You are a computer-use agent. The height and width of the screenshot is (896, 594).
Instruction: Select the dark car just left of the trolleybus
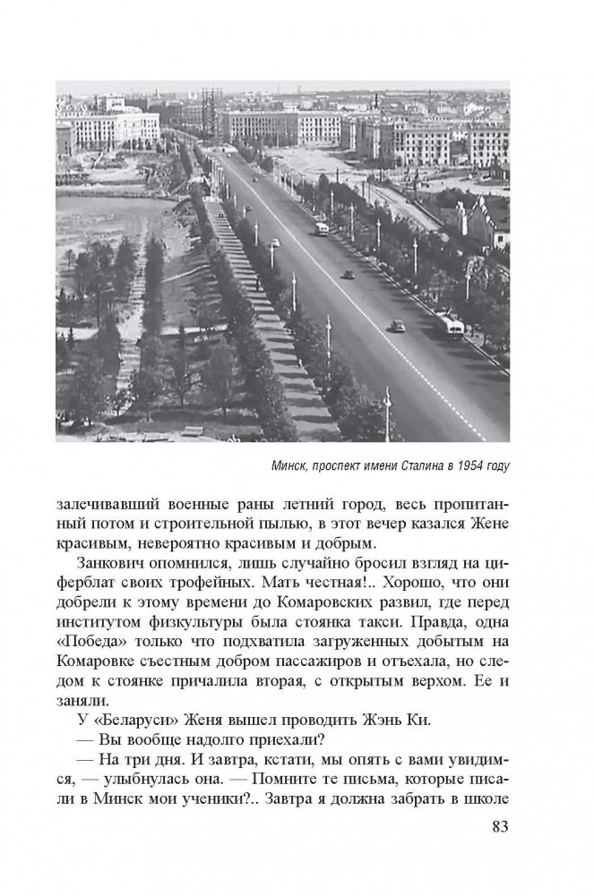[x=398, y=327]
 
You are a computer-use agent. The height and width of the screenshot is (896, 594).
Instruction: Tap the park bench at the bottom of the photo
[x=193, y=431]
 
